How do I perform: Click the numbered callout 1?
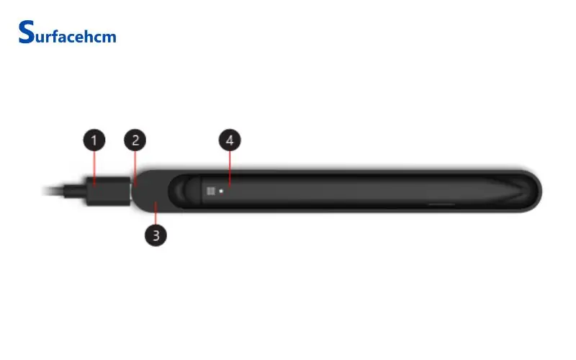point(94,140)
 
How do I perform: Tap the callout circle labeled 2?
point(135,140)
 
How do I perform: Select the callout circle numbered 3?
point(156,235)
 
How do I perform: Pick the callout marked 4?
point(230,140)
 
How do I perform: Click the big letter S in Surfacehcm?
point(27,32)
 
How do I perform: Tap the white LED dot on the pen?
point(221,191)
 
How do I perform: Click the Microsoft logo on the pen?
point(210,191)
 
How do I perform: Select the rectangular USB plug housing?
point(109,191)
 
